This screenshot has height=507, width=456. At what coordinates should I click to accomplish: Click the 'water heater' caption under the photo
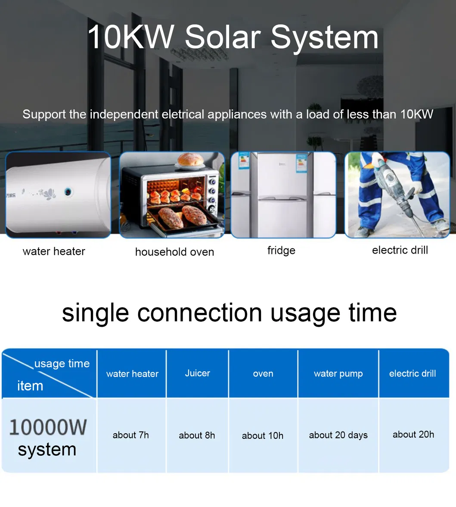pyautogui.click(x=54, y=251)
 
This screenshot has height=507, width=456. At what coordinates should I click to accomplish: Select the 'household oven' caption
pyautogui.click(x=174, y=252)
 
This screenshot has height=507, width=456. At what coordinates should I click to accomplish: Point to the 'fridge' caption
pyautogui.click(x=281, y=250)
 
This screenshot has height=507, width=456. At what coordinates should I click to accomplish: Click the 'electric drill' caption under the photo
pyautogui.click(x=400, y=250)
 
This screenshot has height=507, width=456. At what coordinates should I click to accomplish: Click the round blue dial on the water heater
pyautogui.click(x=68, y=192)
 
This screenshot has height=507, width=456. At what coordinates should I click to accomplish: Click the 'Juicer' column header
pyautogui.click(x=197, y=373)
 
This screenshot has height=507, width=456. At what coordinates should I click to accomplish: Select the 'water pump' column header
pyautogui.click(x=338, y=374)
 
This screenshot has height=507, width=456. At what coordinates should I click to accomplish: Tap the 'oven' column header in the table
pyautogui.click(x=263, y=374)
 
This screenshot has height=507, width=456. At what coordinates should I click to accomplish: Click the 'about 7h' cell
pyautogui.click(x=130, y=435)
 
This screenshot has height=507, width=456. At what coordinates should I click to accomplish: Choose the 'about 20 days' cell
pyautogui.click(x=338, y=435)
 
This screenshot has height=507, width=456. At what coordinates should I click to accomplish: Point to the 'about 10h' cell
pyautogui.click(x=263, y=436)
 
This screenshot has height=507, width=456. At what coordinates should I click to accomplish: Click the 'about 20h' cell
pyautogui.click(x=413, y=435)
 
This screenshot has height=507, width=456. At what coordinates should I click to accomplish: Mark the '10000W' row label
pyautogui.click(x=48, y=427)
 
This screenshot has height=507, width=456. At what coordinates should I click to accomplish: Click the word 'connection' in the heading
pyautogui.click(x=200, y=313)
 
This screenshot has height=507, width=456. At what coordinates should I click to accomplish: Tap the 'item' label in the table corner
pyautogui.click(x=30, y=386)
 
